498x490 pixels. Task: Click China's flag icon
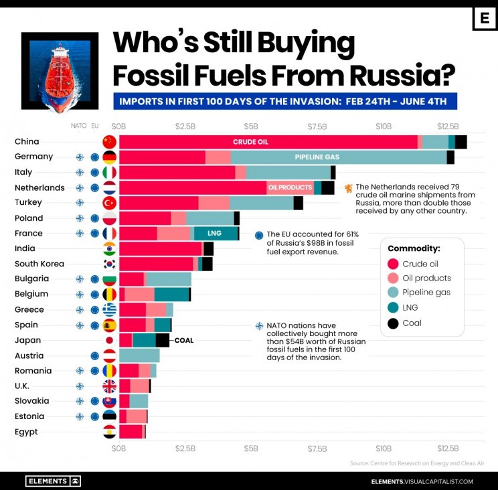tap(109, 142)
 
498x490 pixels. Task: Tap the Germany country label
tap(33, 157)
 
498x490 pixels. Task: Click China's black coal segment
tap(461, 142)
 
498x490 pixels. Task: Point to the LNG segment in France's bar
tap(216, 234)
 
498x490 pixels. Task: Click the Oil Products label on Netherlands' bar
tap(290, 187)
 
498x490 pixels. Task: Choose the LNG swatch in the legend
tap(394, 309)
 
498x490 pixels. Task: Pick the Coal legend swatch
tap(394, 323)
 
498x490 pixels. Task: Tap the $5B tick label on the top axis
tap(250, 127)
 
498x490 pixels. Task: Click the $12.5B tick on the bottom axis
tap(448, 448)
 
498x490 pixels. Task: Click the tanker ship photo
tap(60, 71)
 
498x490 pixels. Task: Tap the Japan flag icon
tap(109, 340)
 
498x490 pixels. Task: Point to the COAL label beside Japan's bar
tap(183, 340)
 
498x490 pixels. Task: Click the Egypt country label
tap(26, 432)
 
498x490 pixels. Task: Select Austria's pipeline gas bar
tap(139, 355)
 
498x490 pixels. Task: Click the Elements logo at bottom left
tap(53, 481)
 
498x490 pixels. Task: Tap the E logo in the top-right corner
tap(484, 19)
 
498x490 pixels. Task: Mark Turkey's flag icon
tap(109, 202)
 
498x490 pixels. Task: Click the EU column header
tap(94, 126)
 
